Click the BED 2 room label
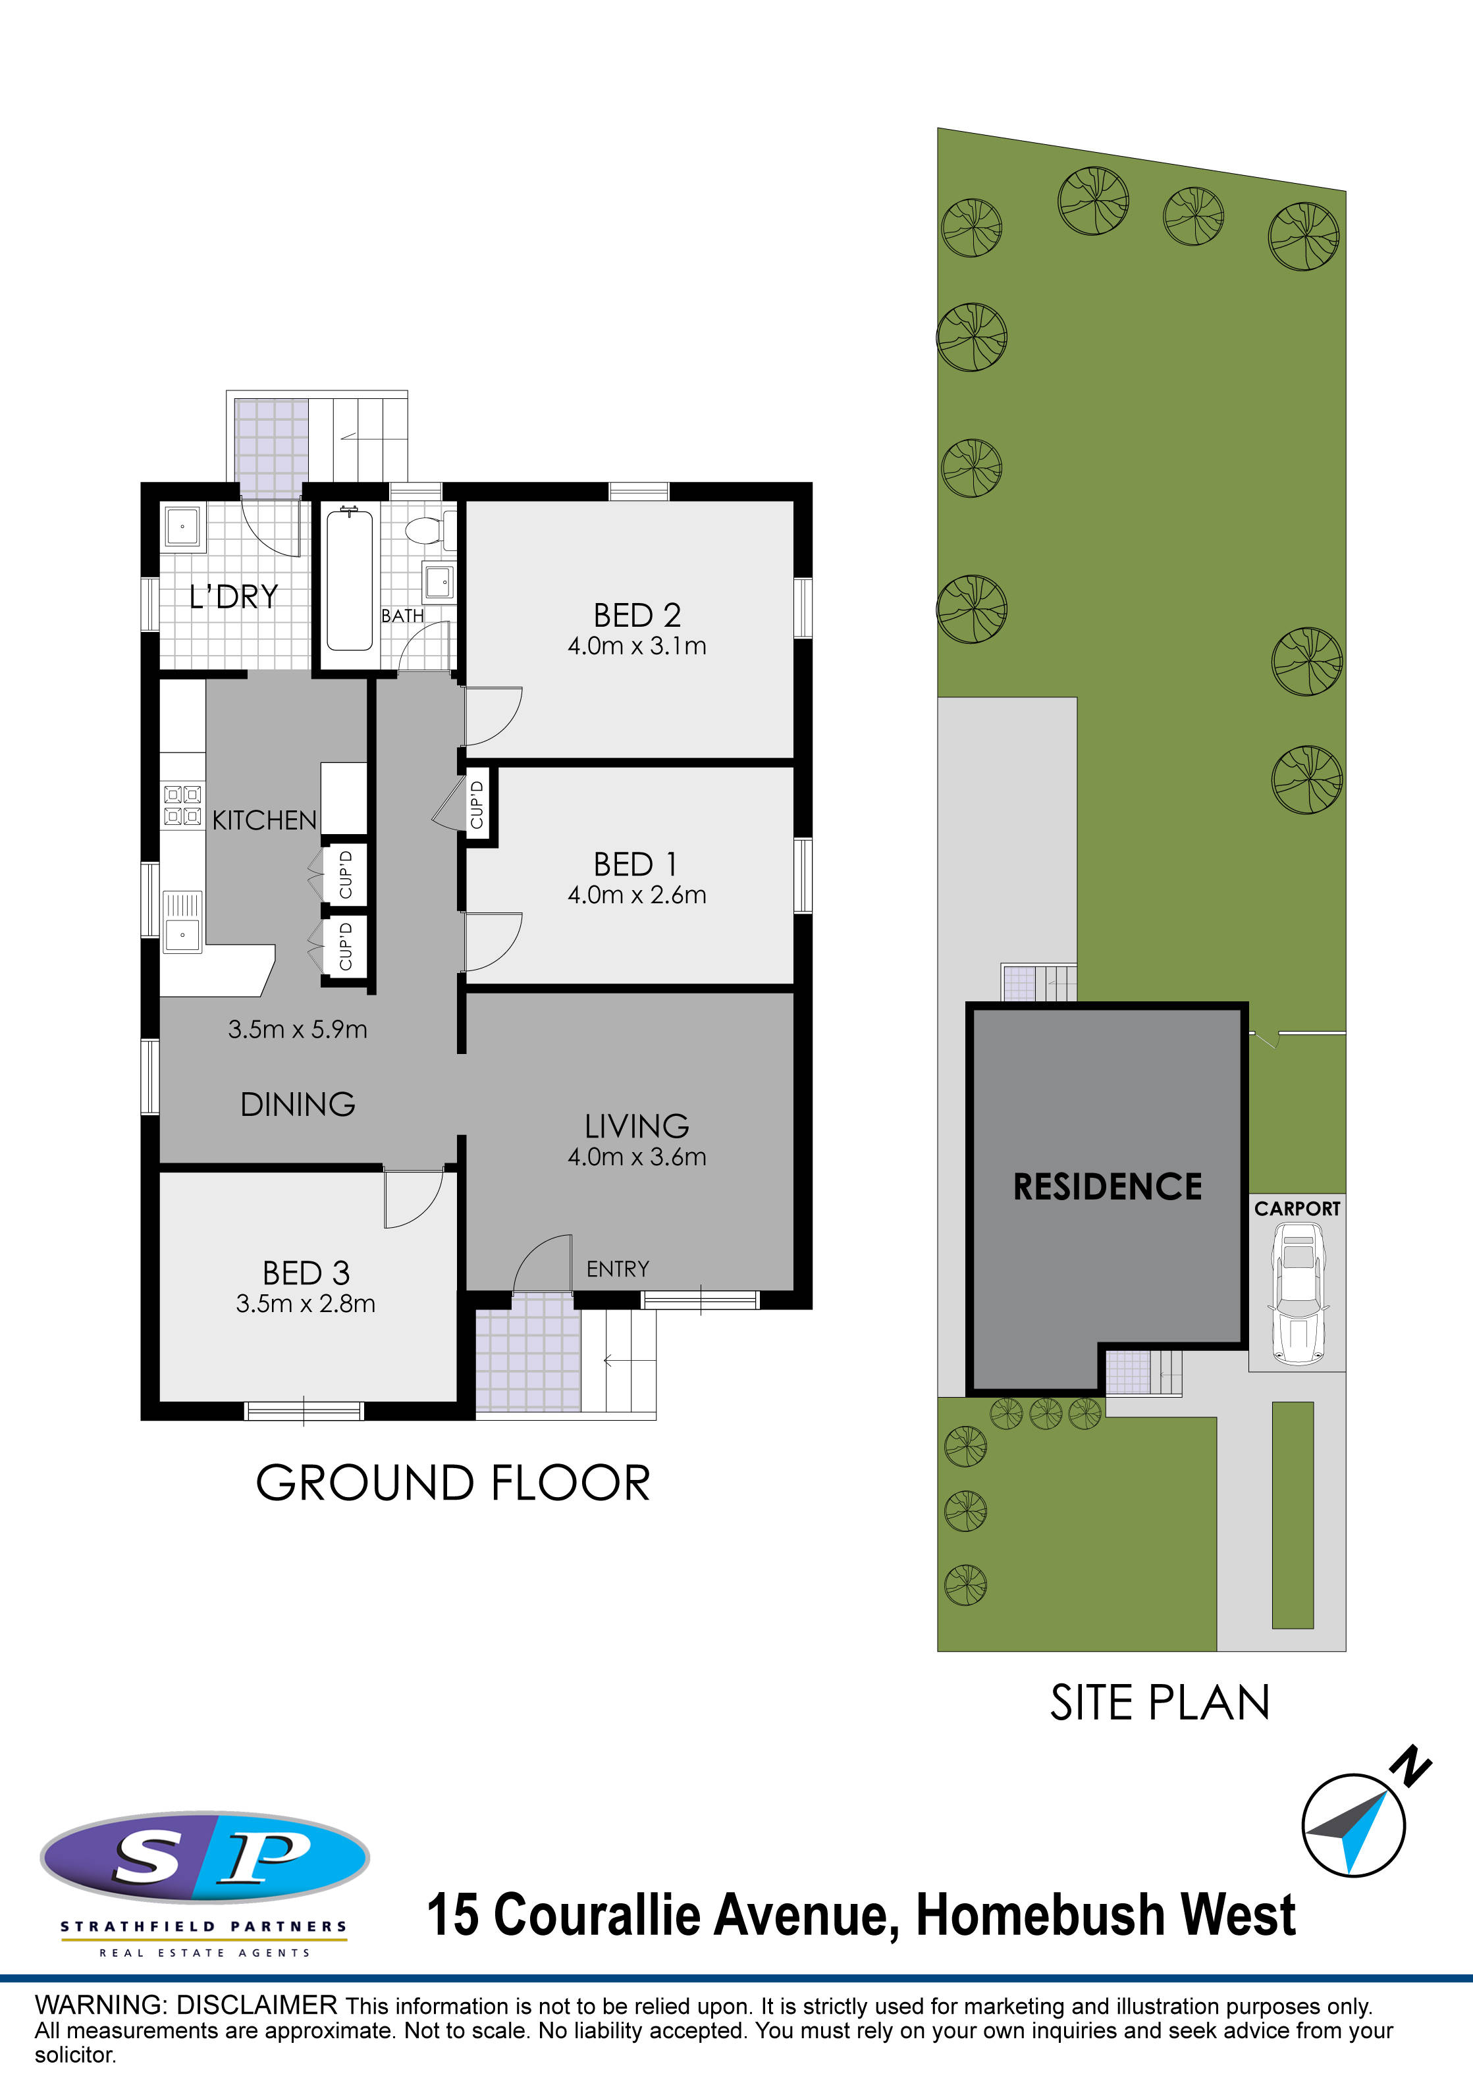pyautogui.click(x=637, y=615)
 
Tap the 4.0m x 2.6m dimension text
pyautogui.click(x=637, y=895)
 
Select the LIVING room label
pyautogui.click(x=637, y=1126)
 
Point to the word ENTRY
pyautogui.click(x=618, y=1269)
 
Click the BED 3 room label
pyautogui.click(x=306, y=1273)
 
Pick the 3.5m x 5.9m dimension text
pyautogui.click(x=298, y=1029)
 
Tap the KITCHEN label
pyautogui.click(x=264, y=820)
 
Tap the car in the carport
pyautogui.click(x=1299, y=1292)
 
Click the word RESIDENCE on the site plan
pyautogui.click(x=1108, y=1186)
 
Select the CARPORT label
pyautogui.click(x=1297, y=1209)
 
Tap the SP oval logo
pyautogui.click(x=205, y=1857)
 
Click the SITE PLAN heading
pyautogui.click(x=1160, y=1703)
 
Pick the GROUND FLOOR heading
pyautogui.click(x=453, y=1483)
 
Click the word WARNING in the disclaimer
pyautogui.click(x=101, y=2005)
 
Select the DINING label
pyautogui.click(x=298, y=1104)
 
